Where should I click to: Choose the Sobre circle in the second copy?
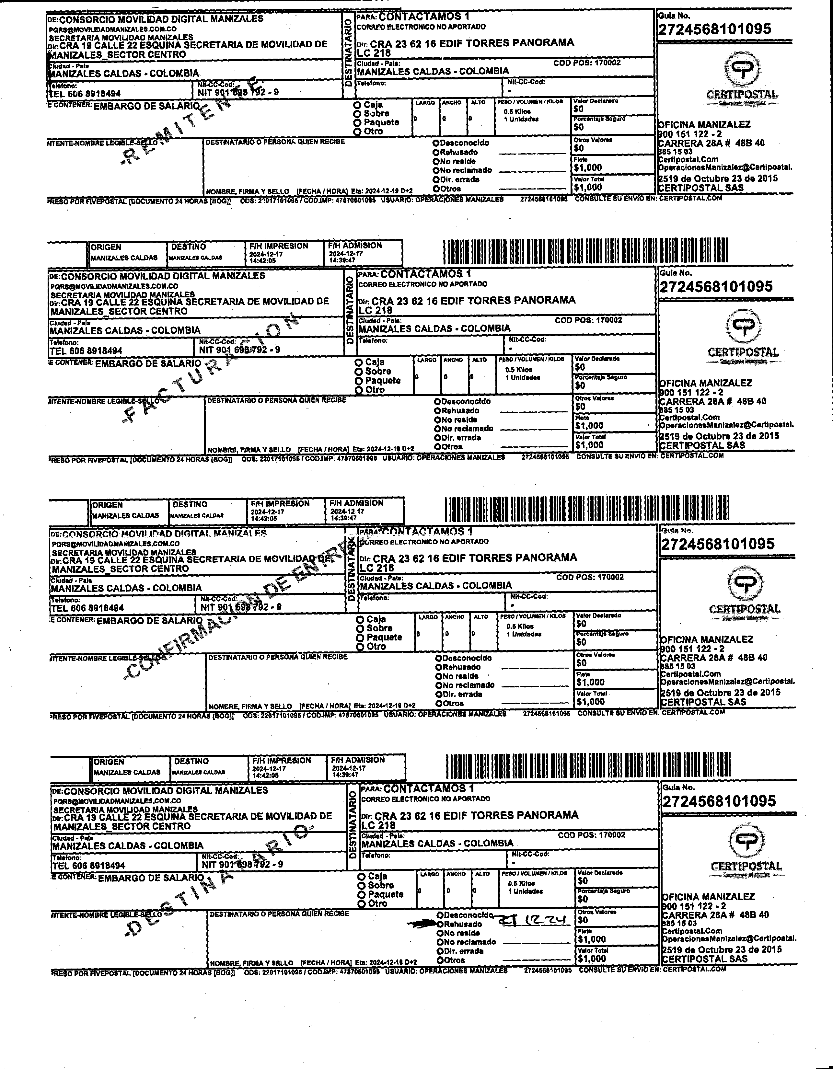pyautogui.click(x=359, y=372)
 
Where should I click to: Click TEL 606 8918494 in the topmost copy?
pyautogui.click(x=85, y=94)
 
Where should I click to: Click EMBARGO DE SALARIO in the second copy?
pyautogui.click(x=148, y=363)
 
